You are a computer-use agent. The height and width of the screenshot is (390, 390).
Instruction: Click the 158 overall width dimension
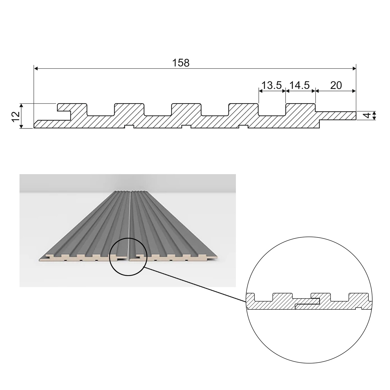(x=181, y=63)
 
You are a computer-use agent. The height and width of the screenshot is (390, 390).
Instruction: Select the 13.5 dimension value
(x=272, y=85)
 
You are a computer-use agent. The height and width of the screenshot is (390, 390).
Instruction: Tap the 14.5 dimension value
(x=300, y=85)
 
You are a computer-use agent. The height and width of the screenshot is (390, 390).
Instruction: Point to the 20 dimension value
(x=336, y=85)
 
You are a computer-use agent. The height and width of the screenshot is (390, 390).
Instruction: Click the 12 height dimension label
(x=16, y=117)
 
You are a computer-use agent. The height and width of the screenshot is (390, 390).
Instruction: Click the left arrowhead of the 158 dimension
(x=36, y=69)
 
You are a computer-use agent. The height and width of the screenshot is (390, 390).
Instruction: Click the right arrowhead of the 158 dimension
(x=354, y=69)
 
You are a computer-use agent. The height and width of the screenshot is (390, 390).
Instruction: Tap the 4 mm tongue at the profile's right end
(x=337, y=116)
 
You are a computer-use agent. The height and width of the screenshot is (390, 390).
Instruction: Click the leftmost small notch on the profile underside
(x=129, y=127)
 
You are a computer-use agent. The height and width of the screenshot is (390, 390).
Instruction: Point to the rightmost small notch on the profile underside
(x=243, y=127)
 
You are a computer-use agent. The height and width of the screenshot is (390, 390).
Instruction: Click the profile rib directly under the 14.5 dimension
(x=301, y=109)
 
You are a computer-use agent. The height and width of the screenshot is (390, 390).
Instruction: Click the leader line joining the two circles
(x=195, y=285)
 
